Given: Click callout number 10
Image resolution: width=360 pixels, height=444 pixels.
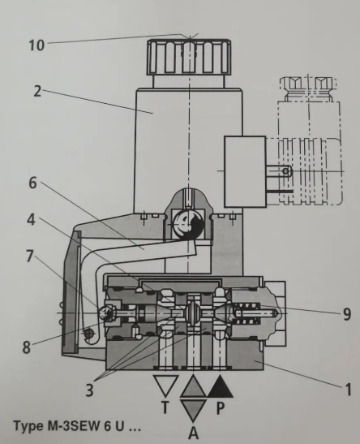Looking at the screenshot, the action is click(36, 45).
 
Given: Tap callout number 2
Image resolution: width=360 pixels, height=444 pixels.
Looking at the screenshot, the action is click(37, 91).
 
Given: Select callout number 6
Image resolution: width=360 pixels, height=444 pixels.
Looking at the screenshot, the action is click(32, 183).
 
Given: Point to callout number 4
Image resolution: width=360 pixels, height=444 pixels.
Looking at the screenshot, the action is click(32, 219).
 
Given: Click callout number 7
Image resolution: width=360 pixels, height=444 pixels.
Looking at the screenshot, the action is click(30, 256).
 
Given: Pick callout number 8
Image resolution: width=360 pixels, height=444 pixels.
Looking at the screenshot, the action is click(26, 347).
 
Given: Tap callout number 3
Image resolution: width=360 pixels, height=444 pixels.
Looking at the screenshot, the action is click(89, 390).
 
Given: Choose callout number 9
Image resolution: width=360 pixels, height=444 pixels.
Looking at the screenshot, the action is click(347, 314).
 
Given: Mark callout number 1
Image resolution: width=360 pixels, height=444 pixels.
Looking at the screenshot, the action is click(349, 390).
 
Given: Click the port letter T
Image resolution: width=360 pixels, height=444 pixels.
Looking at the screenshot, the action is click(165, 407).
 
